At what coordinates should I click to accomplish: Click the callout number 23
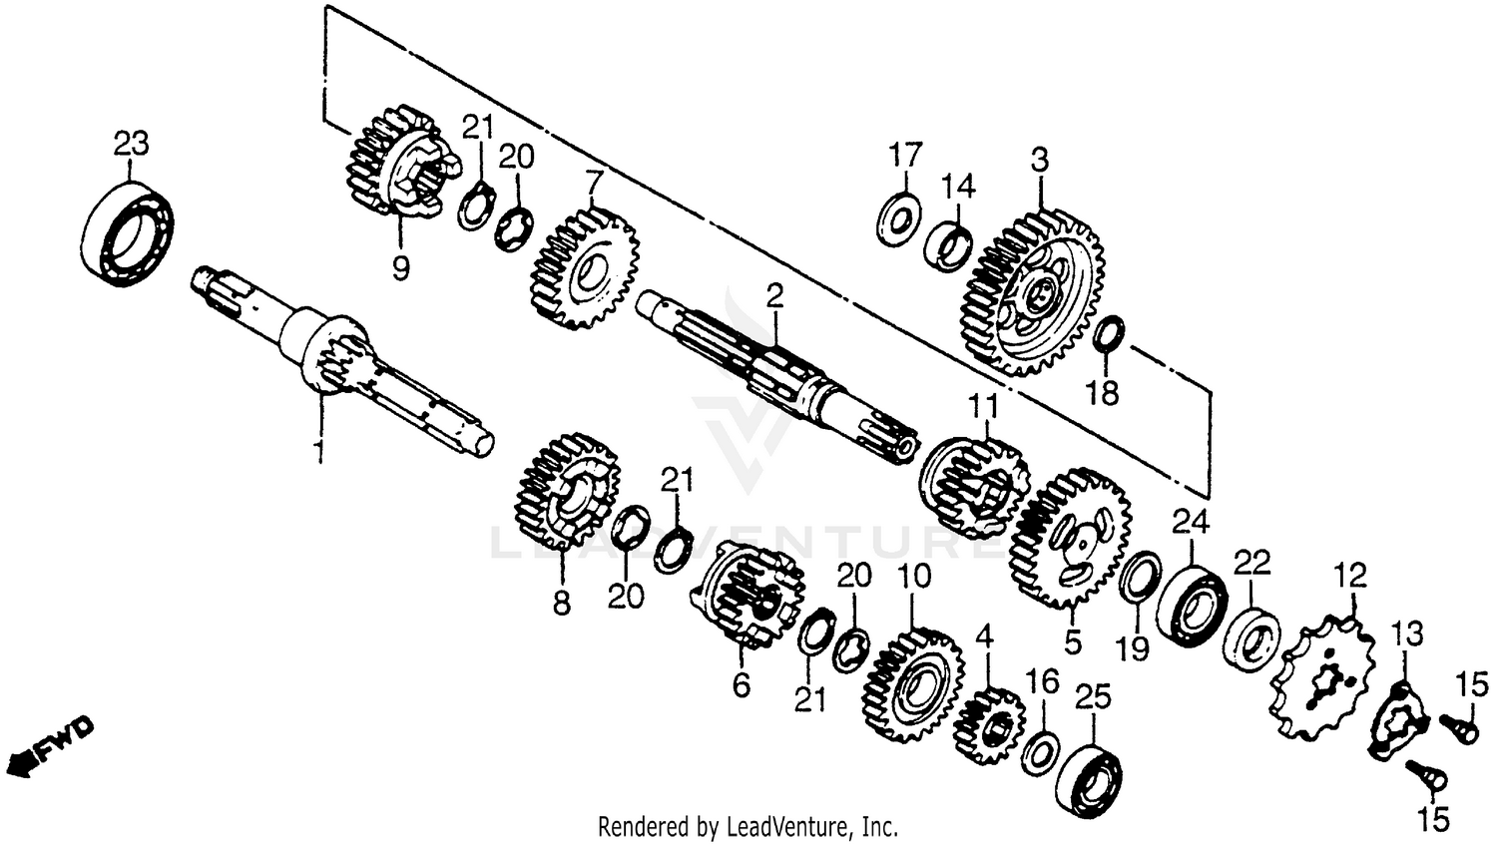(x=131, y=144)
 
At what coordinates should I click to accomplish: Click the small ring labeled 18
(x=1110, y=334)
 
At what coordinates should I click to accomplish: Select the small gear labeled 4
(x=988, y=724)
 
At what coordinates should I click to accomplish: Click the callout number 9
(x=400, y=270)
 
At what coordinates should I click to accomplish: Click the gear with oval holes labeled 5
(x=1071, y=540)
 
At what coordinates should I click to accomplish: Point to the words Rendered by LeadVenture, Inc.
(x=748, y=827)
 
